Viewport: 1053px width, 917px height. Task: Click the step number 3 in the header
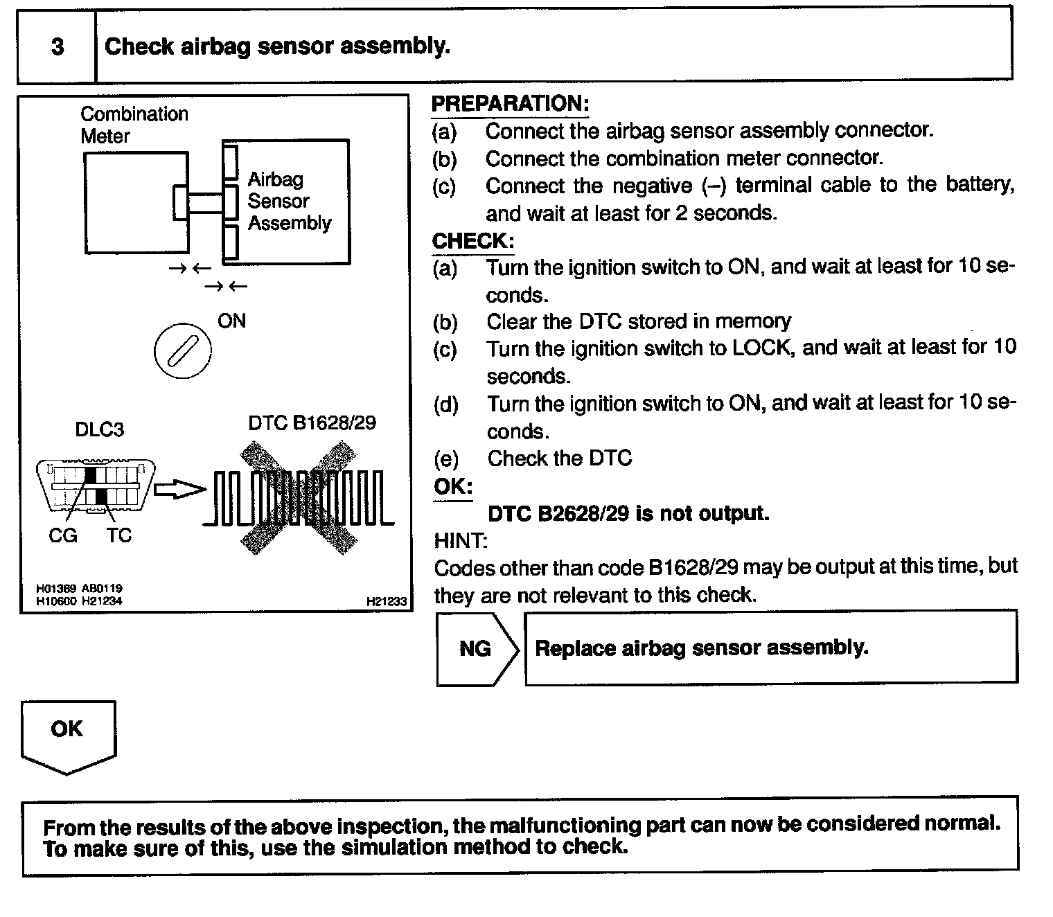click(x=57, y=46)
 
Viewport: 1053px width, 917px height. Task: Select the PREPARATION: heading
click(x=510, y=104)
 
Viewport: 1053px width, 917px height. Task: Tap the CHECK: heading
click(x=472, y=241)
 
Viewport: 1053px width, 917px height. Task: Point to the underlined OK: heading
click(x=453, y=487)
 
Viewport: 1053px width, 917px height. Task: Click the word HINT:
click(x=461, y=540)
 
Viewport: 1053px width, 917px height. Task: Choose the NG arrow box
click(x=477, y=648)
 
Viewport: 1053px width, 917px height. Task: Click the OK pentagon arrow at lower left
click(x=68, y=734)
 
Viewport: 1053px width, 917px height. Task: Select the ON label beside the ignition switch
click(x=231, y=321)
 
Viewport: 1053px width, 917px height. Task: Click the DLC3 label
click(x=99, y=430)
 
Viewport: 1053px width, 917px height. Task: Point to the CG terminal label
click(x=63, y=535)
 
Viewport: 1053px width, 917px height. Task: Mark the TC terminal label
click(x=118, y=535)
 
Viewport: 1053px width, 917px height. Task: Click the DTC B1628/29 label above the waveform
click(x=312, y=423)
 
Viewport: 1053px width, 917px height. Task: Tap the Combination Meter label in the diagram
click(x=134, y=125)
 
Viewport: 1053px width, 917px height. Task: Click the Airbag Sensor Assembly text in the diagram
click(x=289, y=201)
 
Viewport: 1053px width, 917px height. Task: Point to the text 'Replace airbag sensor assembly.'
click(x=701, y=648)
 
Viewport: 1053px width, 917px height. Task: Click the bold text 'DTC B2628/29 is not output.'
click(x=628, y=514)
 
